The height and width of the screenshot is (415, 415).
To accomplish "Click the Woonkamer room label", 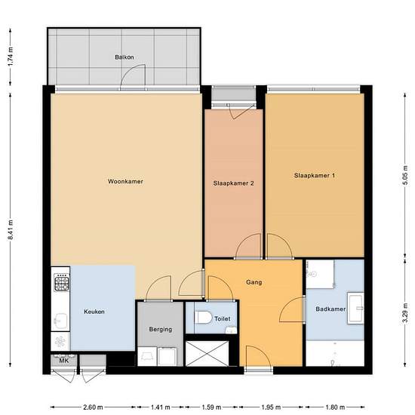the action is [125, 182].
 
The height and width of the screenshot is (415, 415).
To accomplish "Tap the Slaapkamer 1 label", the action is [315, 176].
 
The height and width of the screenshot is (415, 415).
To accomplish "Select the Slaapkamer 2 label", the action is [234, 183].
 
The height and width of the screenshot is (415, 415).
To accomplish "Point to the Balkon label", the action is [124, 57].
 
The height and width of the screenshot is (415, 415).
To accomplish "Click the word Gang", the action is [254, 282].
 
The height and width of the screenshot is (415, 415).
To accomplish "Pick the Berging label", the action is [161, 330].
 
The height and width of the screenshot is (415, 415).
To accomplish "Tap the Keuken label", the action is [94, 312].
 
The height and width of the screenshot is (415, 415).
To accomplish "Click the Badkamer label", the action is [330, 309].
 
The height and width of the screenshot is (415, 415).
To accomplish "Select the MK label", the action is [64, 361].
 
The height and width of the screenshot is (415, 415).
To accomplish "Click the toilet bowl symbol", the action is [203, 318].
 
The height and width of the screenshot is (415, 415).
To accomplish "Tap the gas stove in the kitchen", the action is [62, 282].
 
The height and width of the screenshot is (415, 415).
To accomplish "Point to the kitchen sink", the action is [60, 321].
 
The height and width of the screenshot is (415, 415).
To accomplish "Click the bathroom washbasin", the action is [356, 308].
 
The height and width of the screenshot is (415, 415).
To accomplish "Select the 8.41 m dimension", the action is [11, 229].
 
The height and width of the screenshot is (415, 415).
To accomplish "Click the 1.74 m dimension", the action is [11, 57].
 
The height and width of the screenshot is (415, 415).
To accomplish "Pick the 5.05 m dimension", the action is [405, 176].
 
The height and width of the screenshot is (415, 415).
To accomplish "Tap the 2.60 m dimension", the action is [93, 407].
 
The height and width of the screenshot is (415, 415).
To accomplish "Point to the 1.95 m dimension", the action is [271, 407].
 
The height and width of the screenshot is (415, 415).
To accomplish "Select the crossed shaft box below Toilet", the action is [207, 354].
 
